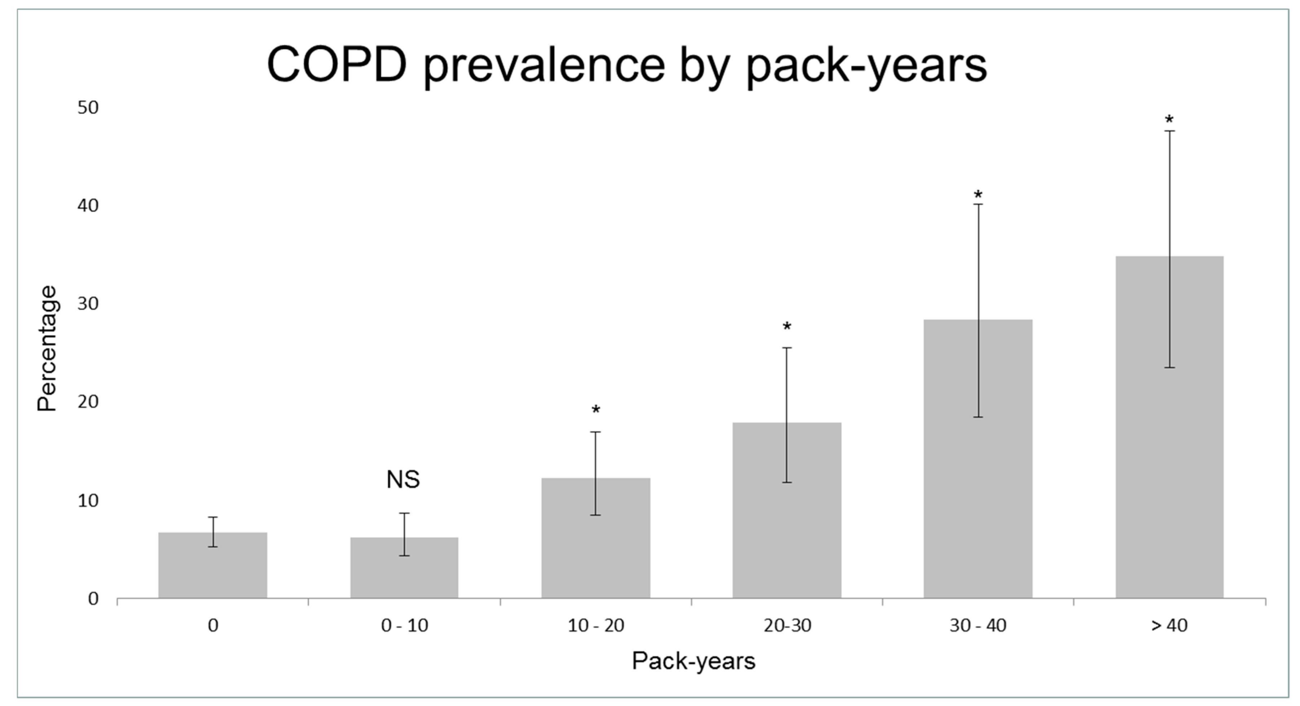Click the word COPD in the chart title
(337, 65)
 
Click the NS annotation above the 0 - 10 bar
(403, 479)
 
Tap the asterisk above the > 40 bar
(1169, 120)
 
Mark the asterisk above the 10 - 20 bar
(596, 410)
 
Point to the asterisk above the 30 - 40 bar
(978, 195)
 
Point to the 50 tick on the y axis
(88, 107)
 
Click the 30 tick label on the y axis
(88, 304)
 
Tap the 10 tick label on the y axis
(88, 501)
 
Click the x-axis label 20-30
(787, 626)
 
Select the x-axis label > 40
(1169, 626)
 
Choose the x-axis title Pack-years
(693, 661)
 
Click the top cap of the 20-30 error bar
(787, 348)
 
